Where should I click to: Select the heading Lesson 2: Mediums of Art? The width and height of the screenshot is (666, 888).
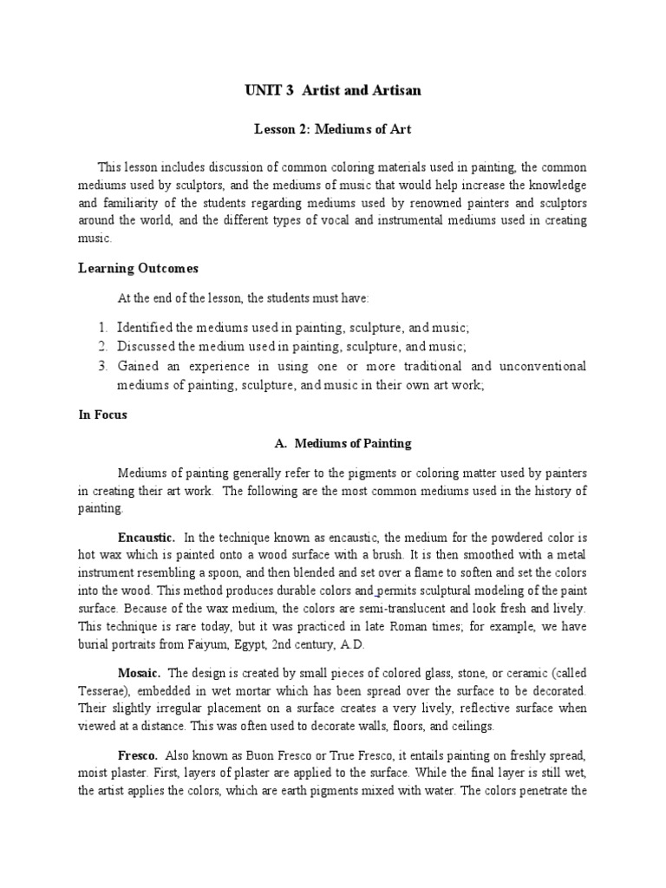point(332,129)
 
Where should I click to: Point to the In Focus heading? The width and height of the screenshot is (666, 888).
point(103,415)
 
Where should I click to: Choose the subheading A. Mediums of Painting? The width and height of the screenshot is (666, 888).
point(343,443)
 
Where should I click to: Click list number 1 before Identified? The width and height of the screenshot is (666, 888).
point(101,327)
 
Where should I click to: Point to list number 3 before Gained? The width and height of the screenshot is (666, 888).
point(101,365)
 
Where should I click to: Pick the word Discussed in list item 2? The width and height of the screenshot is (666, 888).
point(147,346)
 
